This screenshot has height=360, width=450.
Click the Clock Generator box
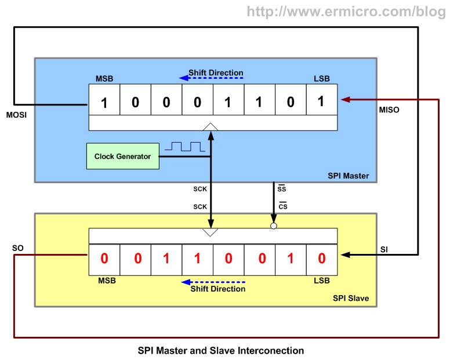tap(122, 157)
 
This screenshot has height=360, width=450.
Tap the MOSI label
tap(16, 115)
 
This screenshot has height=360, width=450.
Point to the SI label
tap(384, 249)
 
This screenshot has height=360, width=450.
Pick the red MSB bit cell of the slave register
tap(104, 259)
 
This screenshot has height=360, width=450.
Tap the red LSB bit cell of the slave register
tap(322, 259)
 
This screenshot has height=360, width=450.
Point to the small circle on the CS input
tap(274, 226)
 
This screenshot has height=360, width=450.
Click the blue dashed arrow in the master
tap(216, 77)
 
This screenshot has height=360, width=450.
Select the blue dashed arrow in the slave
tap(213, 282)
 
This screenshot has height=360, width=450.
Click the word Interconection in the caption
tap(270, 351)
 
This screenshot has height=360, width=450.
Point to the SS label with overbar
tap(283, 188)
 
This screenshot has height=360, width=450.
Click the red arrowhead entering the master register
tap(345, 100)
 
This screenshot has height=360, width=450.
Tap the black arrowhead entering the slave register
tap(346, 254)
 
